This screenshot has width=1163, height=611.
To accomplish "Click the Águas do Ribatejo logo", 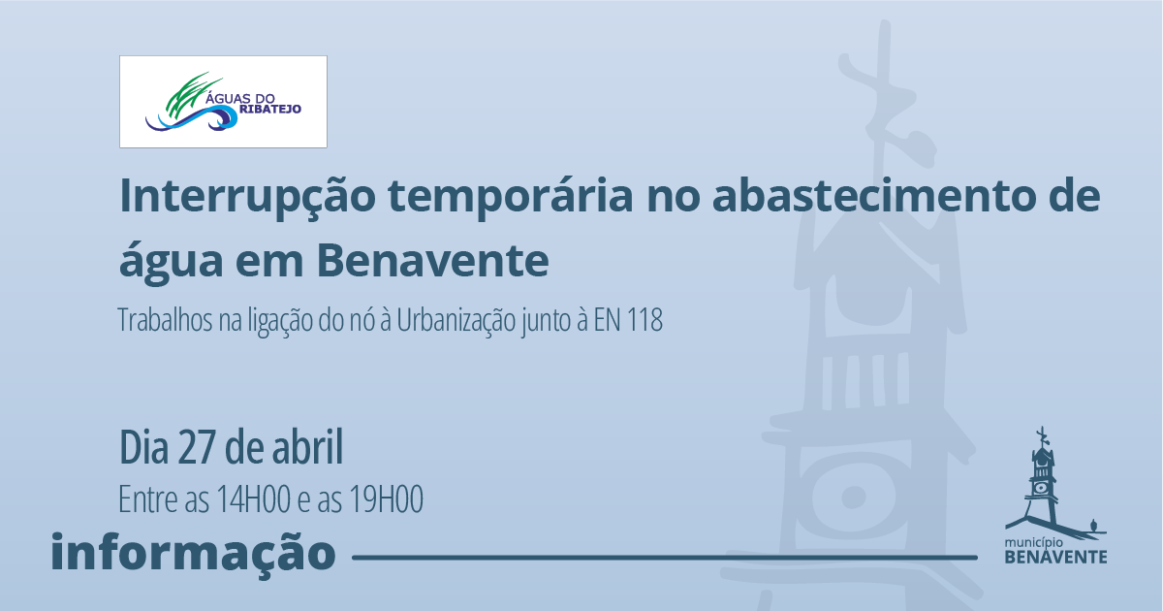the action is pos(223,102).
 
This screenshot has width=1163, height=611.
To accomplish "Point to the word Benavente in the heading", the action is pos(432,261).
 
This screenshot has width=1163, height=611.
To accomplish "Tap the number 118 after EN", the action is pos(644,320).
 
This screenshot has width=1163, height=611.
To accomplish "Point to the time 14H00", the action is pos(253,499).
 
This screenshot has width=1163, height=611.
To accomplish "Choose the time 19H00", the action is pos(387,499).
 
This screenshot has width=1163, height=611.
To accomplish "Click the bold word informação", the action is pos(193,551).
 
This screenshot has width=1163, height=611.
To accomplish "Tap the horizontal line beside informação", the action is pos(665,558).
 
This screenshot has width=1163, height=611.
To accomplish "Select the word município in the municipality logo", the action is pos(1030,543).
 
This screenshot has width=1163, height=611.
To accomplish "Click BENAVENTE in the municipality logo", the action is pos(1056,557).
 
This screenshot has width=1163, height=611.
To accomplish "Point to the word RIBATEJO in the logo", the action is pos(270,109).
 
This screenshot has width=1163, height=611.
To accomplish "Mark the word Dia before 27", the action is pos(144,447).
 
